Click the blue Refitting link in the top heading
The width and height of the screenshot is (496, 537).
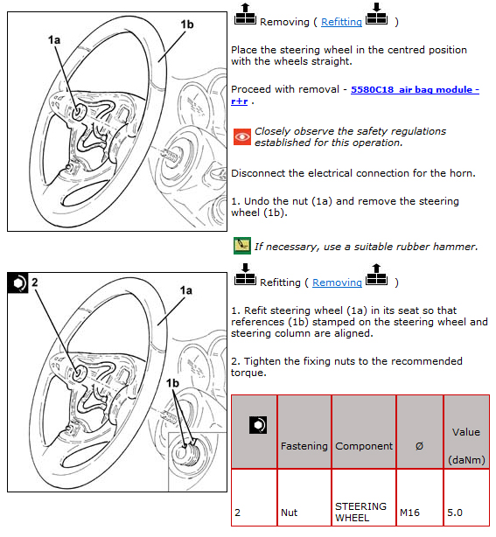(x=341, y=22)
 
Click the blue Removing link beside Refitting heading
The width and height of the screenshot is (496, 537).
(x=337, y=282)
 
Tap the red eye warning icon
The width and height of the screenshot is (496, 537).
(x=241, y=137)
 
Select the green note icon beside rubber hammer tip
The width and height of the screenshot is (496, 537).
(x=241, y=246)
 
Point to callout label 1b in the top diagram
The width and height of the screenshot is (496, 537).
(x=187, y=24)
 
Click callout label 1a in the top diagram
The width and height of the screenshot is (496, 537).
(x=54, y=40)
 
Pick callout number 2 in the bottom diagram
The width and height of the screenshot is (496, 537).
(x=35, y=282)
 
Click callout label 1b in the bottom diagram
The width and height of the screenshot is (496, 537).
(x=172, y=383)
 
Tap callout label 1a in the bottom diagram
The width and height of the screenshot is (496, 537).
(x=186, y=290)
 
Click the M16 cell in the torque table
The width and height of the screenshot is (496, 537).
(x=409, y=513)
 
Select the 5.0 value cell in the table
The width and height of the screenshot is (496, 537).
(x=455, y=513)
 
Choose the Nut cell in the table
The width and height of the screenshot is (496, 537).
(x=289, y=513)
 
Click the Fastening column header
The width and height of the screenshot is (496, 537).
(x=304, y=446)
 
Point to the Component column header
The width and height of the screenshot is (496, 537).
(x=364, y=446)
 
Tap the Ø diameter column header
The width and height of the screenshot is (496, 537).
(x=419, y=446)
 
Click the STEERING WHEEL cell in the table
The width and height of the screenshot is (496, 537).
(x=360, y=512)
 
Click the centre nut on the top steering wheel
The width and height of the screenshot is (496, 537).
(x=80, y=112)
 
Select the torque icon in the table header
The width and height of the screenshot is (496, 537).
(x=258, y=425)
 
